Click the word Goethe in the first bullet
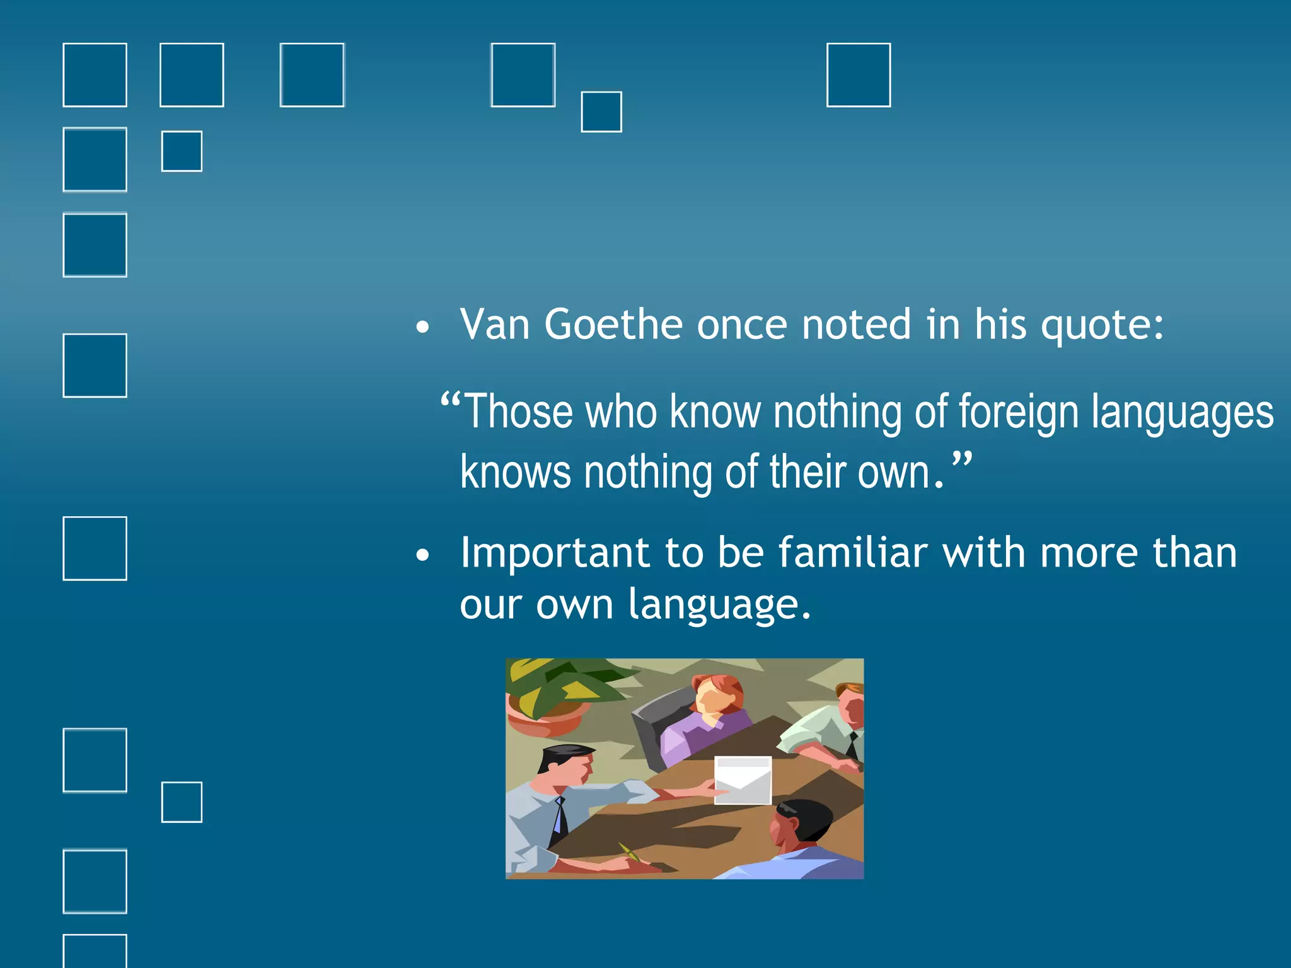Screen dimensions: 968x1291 pyautogui.click(x=613, y=325)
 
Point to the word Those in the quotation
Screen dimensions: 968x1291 pyautogui.click(x=518, y=412)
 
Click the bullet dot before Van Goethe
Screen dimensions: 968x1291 pyautogui.click(x=422, y=327)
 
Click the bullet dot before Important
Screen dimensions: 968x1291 pyautogui.click(x=422, y=555)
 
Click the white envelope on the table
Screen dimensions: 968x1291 pyautogui.click(x=743, y=780)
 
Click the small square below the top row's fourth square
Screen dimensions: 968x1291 pyautogui.click(x=601, y=112)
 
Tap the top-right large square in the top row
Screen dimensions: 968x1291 pyautogui.click(x=858, y=75)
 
